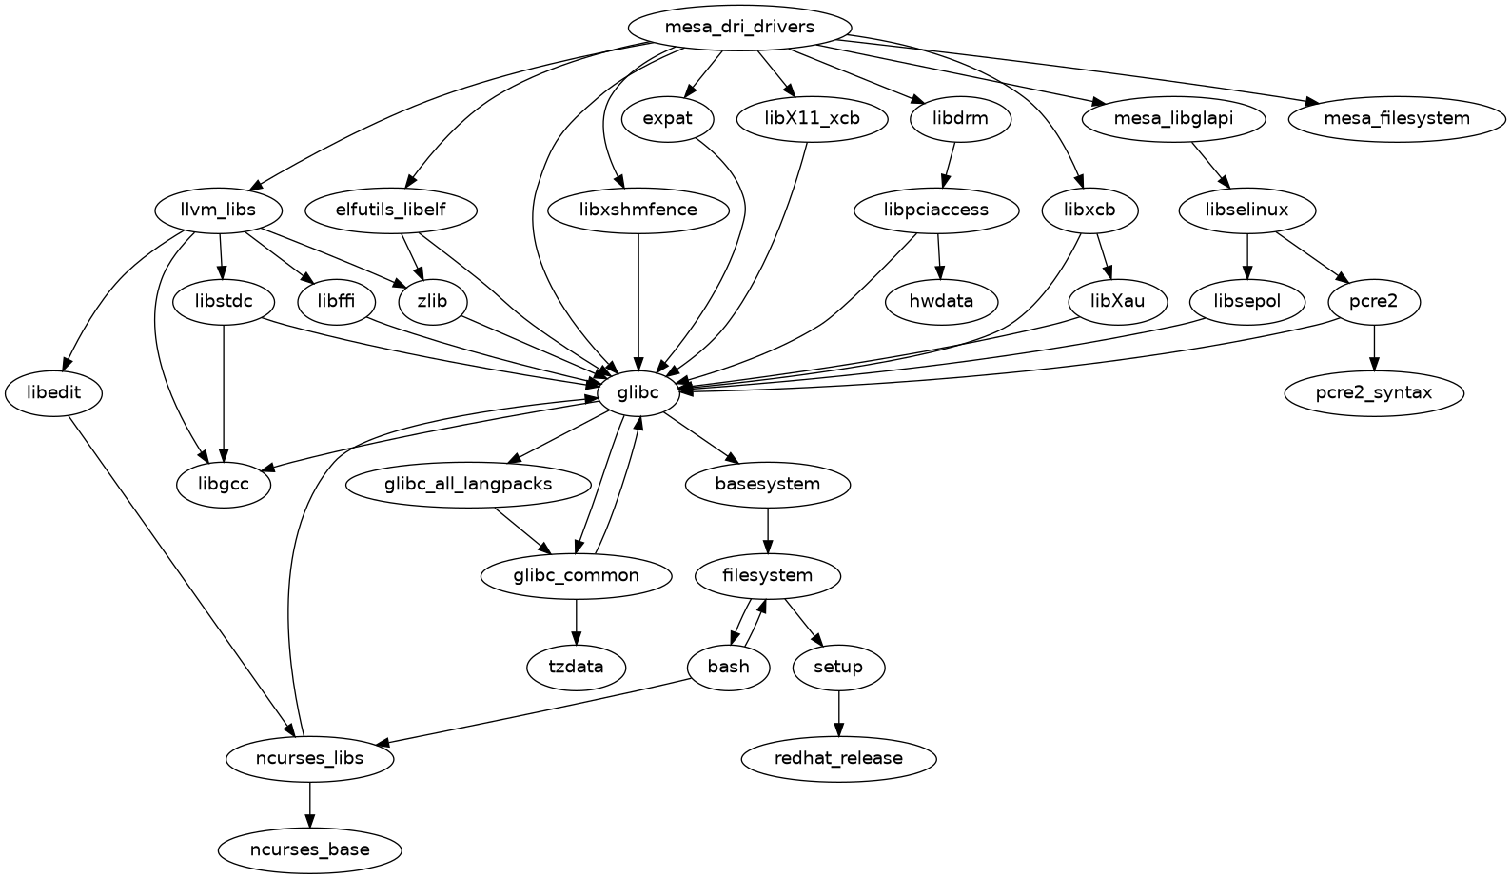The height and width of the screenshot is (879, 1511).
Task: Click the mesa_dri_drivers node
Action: [x=739, y=27]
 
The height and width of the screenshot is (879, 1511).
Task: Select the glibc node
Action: [x=639, y=392]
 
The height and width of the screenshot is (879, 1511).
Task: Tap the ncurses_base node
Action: [x=309, y=849]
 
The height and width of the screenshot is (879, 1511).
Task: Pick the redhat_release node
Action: [x=838, y=759]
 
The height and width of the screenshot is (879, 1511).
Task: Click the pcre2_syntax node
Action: [x=1373, y=392]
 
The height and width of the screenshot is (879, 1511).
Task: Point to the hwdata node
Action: [x=941, y=302]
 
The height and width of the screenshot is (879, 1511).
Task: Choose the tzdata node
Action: [x=576, y=667]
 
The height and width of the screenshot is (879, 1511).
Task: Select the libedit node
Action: [x=54, y=392]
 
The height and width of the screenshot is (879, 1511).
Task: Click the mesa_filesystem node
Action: [x=1398, y=119]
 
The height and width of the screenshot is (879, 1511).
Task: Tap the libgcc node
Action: [x=224, y=484]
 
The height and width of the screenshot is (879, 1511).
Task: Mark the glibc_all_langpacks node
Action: [x=468, y=484]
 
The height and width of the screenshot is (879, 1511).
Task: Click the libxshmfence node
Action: [x=638, y=210]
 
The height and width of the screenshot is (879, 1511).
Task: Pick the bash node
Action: [x=728, y=667]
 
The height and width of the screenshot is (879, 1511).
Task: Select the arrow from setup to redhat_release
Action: [x=838, y=713]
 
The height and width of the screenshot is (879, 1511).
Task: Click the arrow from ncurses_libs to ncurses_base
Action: [x=309, y=804]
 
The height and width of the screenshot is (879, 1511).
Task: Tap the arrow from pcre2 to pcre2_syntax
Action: [x=1373, y=348]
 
